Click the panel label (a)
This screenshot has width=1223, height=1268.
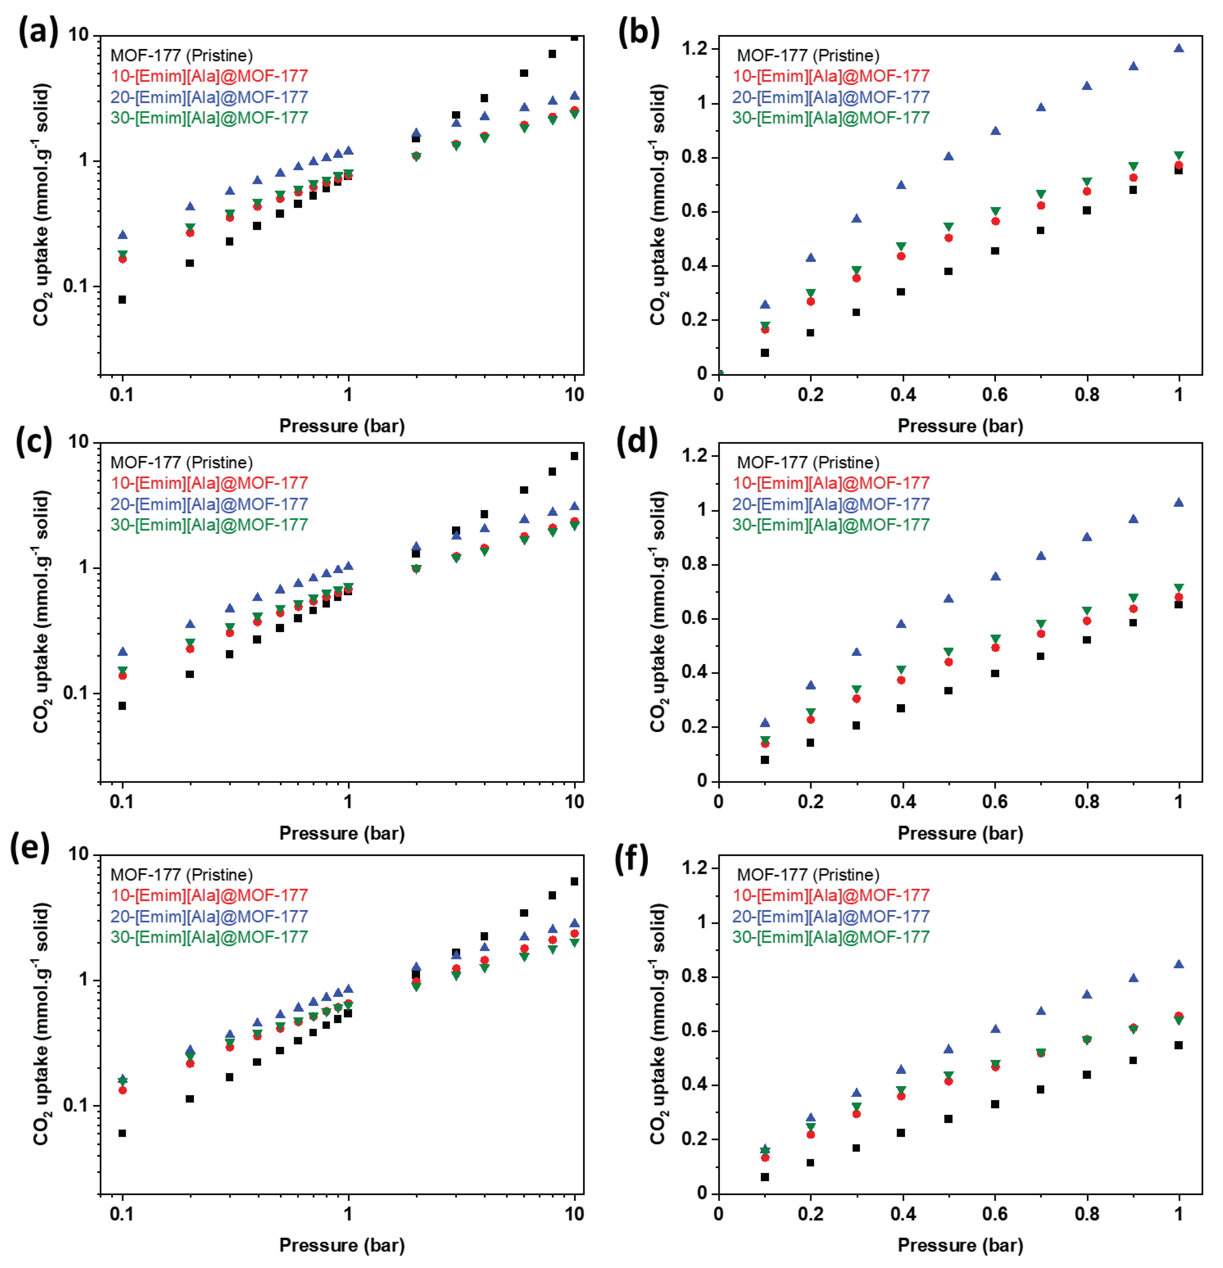click(38, 32)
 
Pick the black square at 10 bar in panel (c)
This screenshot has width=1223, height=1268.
click(574, 456)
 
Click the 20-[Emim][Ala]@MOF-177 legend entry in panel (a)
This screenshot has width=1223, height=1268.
click(209, 97)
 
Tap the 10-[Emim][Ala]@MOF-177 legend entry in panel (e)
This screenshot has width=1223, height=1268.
click(209, 895)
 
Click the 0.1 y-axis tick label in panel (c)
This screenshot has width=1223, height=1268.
click(76, 693)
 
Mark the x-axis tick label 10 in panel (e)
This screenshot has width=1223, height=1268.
click(574, 1214)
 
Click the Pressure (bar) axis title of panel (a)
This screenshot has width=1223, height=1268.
click(342, 426)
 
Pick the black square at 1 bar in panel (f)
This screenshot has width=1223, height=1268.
click(1178, 1045)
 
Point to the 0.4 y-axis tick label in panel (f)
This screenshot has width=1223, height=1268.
click(693, 1085)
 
